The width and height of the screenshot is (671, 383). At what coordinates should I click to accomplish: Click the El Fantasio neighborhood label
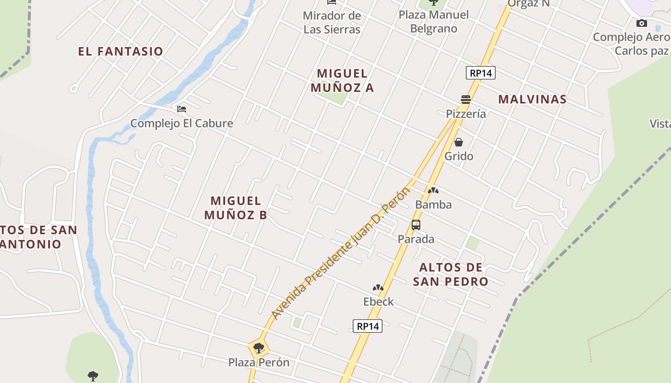tap(121, 51)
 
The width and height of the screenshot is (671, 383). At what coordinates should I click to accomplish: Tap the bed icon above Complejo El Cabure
tap(181, 109)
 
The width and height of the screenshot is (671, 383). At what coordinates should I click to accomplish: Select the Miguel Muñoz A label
tap(342, 80)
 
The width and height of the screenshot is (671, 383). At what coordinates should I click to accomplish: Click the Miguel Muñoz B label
tap(236, 208)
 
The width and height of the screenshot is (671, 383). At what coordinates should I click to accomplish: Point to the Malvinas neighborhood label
tap(532, 99)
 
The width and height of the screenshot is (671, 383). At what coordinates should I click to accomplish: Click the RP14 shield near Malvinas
tap(480, 73)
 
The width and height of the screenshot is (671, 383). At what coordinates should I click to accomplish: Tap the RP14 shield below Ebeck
tap(368, 326)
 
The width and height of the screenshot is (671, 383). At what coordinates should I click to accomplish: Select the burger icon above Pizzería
tap(465, 100)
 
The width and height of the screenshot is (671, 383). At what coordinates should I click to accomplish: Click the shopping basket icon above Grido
tap(459, 142)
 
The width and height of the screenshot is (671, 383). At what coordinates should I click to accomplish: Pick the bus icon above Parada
tap(416, 225)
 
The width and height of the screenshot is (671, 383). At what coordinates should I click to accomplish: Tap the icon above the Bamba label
tap(433, 191)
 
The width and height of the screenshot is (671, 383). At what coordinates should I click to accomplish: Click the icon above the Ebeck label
tap(378, 288)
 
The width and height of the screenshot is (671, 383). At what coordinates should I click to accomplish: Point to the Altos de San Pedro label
tap(451, 274)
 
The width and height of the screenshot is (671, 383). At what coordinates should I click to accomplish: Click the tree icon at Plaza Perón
tap(259, 348)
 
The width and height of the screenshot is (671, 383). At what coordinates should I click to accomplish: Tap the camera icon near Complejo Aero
tap(641, 23)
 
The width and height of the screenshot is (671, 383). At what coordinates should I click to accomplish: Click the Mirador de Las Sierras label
tap(332, 23)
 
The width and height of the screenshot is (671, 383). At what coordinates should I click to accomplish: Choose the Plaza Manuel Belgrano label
tap(434, 22)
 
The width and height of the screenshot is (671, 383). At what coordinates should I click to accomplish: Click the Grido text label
tap(459, 156)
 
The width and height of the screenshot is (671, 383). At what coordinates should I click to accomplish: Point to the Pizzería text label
tap(466, 113)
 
